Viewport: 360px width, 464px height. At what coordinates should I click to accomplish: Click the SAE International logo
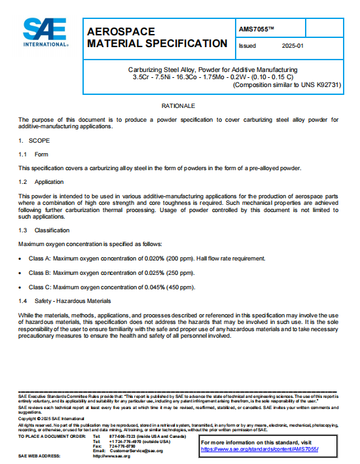coord(45,33)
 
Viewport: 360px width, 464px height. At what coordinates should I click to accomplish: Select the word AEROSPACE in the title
coord(121,31)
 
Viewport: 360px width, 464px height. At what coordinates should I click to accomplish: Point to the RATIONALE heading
coord(178,105)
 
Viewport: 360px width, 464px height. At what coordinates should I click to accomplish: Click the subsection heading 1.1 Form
coord(33,154)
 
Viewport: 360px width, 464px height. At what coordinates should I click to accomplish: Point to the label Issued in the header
coord(248,46)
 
